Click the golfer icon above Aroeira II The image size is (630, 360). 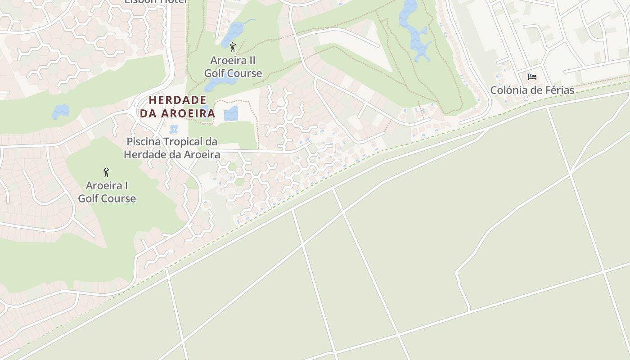(233, 47)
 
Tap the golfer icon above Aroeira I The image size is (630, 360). (106, 172)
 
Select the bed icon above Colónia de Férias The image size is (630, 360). (532, 76)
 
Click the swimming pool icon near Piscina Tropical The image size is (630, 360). (173, 129)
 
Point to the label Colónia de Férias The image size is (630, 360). (532, 90)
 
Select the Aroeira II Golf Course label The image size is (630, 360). (233, 67)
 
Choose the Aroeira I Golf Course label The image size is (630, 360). (107, 192)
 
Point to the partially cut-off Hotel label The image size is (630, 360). (156, 2)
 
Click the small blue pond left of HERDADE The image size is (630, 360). (60, 112)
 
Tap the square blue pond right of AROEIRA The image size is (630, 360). (231, 113)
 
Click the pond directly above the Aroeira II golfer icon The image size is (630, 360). (233, 32)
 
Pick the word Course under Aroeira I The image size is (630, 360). (120, 198)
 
